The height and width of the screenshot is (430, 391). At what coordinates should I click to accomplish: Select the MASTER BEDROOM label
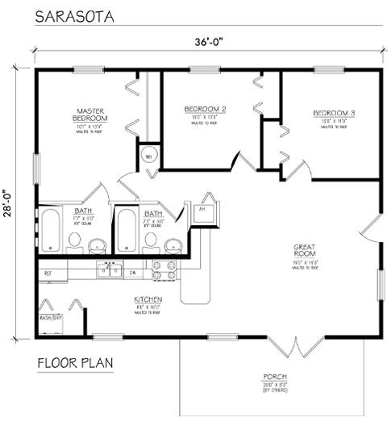click(x=93, y=114)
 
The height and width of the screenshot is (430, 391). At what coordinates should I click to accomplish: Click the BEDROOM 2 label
click(x=204, y=109)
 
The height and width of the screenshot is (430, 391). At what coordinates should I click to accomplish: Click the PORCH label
click(x=274, y=378)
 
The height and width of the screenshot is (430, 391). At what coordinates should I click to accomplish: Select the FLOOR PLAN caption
click(x=75, y=362)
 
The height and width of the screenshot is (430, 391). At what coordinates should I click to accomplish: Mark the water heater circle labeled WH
click(x=148, y=156)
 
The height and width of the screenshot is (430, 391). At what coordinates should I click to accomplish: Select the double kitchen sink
click(x=106, y=270)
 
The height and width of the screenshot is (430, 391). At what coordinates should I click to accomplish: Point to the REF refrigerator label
click(x=48, y=273)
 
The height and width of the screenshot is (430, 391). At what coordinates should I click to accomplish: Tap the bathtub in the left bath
click(x=50, y=229)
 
